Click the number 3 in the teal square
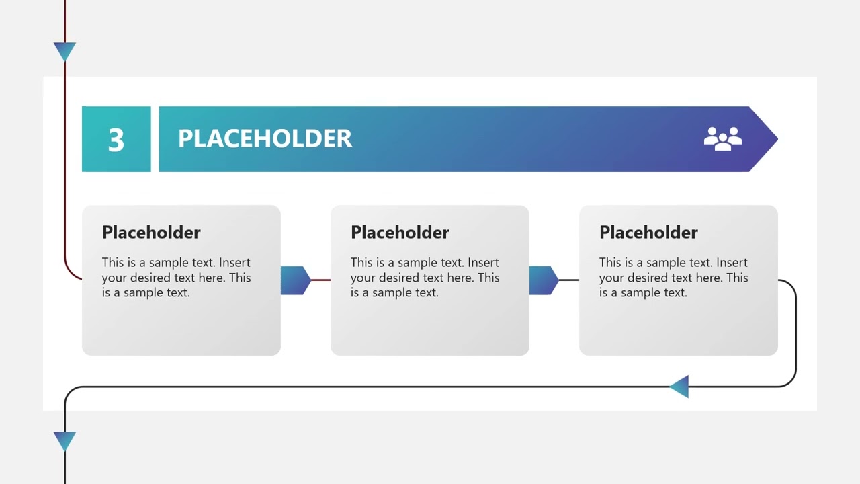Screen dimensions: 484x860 click(116, 140)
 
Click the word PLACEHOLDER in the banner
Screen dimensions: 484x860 click(265, 139)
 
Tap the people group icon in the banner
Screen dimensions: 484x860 click(722, 138)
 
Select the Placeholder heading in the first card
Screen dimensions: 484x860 click(151, 233)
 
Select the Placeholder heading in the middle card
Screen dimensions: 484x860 click(400, 233)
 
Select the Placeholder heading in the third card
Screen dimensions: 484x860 click(648, 233)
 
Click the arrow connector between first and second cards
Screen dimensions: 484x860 click(295, 280)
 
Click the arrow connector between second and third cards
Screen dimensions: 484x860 click(544, 280)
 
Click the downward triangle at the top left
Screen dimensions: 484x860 click(64, 50)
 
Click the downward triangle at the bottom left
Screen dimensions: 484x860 click(64, 440)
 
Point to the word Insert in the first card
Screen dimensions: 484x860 click(234, 263)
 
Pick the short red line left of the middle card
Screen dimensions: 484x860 click(321, 280)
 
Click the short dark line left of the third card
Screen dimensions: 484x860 click(568, 280)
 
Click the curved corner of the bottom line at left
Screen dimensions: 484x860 click(69, 391)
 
